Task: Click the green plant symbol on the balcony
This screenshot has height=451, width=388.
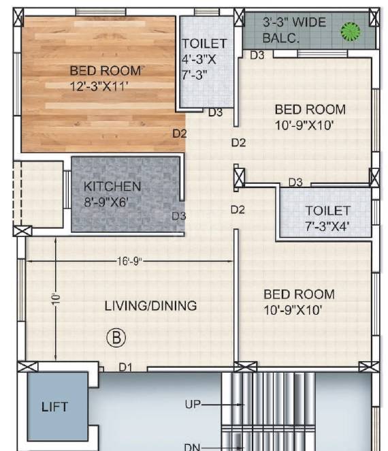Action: pos(350,30)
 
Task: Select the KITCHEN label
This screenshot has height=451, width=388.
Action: pos(112,187)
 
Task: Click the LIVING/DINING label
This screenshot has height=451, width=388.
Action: pos(150,305)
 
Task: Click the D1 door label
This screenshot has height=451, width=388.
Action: pos(126,367)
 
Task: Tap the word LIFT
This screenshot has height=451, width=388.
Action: pos(54,407)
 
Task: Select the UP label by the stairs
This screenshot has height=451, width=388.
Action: pos(193,405)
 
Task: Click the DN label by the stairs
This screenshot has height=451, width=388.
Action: pos(193,446)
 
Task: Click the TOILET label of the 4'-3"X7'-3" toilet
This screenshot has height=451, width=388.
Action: pos(204,44)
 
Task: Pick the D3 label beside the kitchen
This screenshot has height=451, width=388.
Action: pos(179,216)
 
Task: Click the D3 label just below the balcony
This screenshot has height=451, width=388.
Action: pos(257,55)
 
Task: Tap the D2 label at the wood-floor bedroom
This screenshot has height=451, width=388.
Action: pos(179,134)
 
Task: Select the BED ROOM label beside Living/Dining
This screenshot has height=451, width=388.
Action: pos(299,294)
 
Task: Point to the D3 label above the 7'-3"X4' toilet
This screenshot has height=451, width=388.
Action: pos(295,182)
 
